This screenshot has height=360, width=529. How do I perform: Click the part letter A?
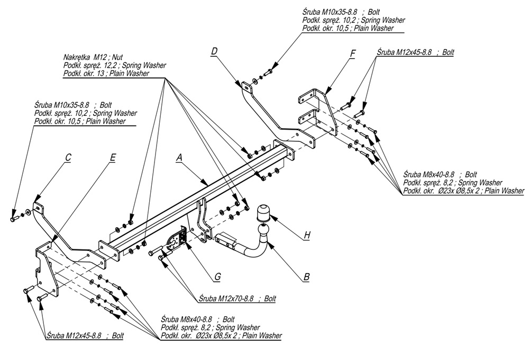[x=179, y=157]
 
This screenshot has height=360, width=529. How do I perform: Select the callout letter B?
[x=306, y=276]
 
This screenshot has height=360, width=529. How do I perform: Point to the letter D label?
[x=214, y=51]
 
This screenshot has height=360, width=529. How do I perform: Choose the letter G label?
[x=217, y=276]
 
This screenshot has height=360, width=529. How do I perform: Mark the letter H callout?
[x=306, y=236]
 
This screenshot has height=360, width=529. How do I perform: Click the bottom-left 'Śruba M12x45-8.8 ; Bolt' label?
[x=85, y=336]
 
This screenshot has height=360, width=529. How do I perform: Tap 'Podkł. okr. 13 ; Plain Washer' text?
[x=104, y=74]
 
